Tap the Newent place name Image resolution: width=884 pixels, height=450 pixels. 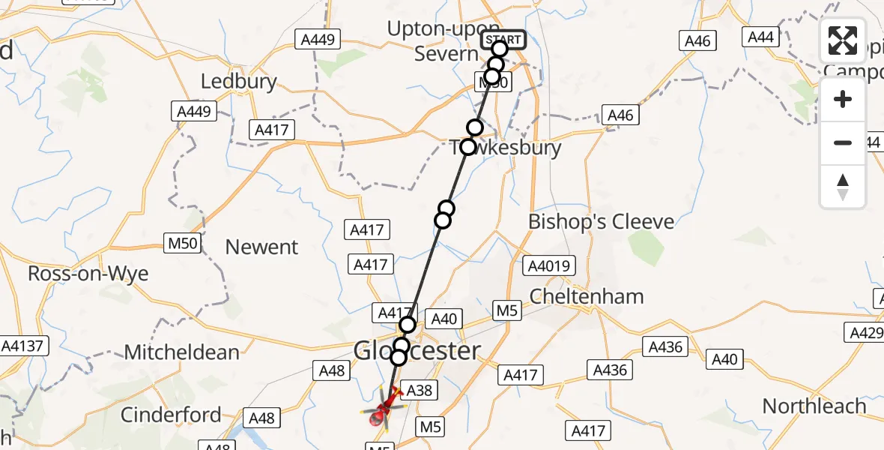[261, 247]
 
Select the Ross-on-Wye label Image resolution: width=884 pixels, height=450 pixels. [88, 274]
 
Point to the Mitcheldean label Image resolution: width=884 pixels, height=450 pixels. [182, 352]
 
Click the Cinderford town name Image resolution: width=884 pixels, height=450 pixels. [171, 414]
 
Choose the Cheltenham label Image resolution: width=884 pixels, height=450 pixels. [587, 296]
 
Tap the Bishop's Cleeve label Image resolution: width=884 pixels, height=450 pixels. [601, 222]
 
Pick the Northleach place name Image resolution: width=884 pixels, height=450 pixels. [814, 406]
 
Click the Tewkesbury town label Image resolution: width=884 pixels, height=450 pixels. [506, 148]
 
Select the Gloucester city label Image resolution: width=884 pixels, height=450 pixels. [417, 350]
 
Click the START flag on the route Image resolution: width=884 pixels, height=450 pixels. [502, 40]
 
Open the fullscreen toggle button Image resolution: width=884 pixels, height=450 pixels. [843, 40]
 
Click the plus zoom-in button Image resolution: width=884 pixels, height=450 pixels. [843, 99]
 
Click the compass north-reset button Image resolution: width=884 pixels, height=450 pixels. [843, 186]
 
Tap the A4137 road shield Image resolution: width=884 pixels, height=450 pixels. [25, 346]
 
